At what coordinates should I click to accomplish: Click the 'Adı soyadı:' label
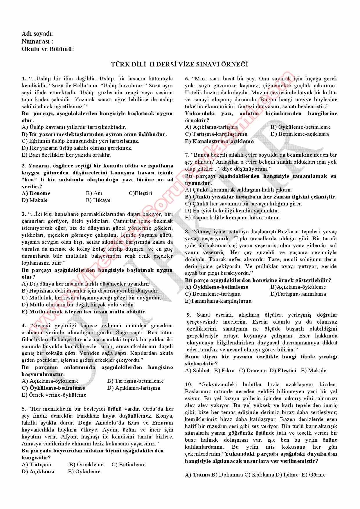click(x=38, y=34)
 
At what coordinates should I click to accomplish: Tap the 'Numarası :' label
click(x=37, y=41)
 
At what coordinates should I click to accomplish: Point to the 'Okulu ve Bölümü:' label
click(x=48, y=49)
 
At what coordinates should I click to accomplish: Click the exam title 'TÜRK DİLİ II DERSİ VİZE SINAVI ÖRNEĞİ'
click(x=180, y=64)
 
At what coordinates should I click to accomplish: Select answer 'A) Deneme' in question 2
click(x=36, y=193)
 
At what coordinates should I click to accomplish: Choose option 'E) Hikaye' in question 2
click(x=98, y=200)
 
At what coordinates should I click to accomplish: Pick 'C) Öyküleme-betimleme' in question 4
click(x=53, y=388)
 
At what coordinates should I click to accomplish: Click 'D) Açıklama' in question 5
click(x=38, y=472)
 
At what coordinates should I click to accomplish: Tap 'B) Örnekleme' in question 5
click(x=86, y=465)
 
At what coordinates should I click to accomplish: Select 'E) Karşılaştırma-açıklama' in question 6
click(x=219, y=141)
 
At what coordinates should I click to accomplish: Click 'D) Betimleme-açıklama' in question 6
click(x=300, y=134)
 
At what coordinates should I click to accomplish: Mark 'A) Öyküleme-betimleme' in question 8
click(x=217, y=287)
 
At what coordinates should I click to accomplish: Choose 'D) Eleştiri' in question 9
click(x=283, y=371)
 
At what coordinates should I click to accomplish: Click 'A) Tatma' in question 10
click(x=197, y=475)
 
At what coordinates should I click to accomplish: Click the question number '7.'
click(x=187, y=155)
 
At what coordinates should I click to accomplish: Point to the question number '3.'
click(x=24, y=214)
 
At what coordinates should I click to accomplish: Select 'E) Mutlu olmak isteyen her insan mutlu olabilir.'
click(x=84, y=312)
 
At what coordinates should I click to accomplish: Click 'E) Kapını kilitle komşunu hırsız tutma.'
click(x=232, y=218)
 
